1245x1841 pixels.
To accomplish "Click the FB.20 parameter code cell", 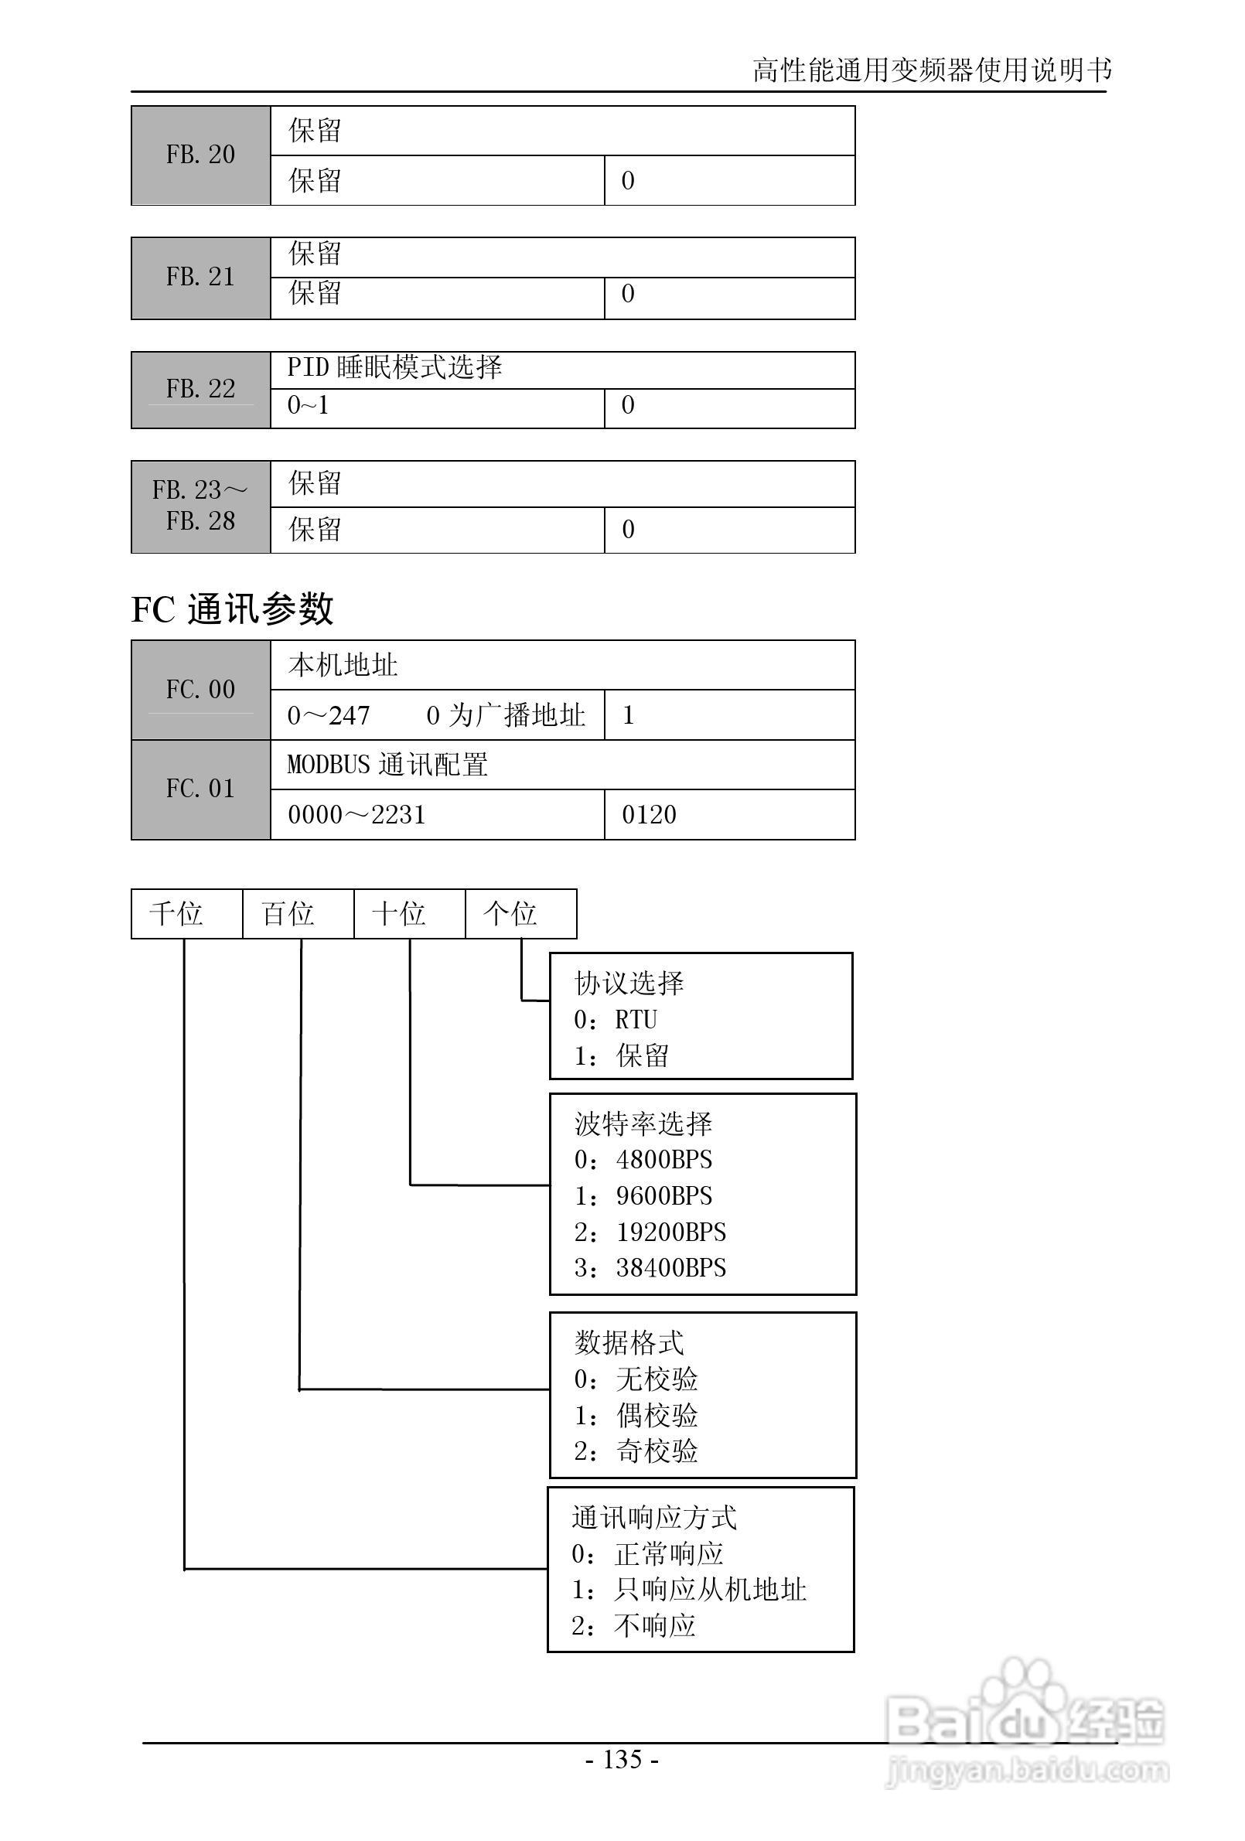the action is (200, 155).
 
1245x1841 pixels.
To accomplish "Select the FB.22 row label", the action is (200, 389).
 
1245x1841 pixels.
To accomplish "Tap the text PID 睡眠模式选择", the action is (394, 367).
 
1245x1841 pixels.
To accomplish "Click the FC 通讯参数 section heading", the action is (231, 609).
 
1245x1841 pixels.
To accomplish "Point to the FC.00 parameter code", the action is (200, 689).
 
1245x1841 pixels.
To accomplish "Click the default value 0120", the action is (649, 814).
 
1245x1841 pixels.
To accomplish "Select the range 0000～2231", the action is (356, 814).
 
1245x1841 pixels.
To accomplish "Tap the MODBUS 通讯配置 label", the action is (387, 765).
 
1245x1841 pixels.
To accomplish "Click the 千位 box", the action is (177, 913).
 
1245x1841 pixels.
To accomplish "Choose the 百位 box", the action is (288, 913).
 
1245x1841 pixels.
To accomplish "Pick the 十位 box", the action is (400, 913).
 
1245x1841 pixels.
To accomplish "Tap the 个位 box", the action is (511, 913).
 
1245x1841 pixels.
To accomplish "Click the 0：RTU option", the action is (616, 1020).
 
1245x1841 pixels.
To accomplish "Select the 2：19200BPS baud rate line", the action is (650, 1232).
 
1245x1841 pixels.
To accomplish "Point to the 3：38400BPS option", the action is (650, 1267).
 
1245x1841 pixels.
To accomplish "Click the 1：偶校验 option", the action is (636, 1415).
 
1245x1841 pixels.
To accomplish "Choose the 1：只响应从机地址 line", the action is (689, 1589).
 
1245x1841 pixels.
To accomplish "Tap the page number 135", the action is (622, 1758).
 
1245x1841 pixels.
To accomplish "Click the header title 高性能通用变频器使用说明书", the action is (932, 70).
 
